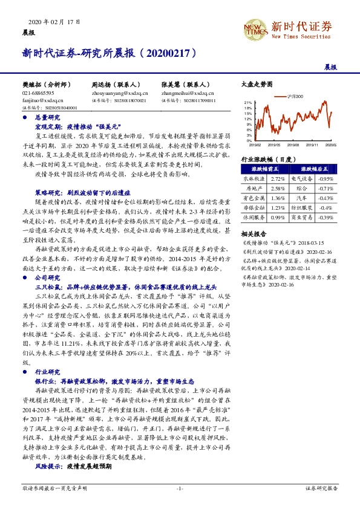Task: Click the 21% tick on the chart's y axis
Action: tap(247, 103)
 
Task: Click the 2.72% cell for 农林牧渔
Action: tap(278, 180)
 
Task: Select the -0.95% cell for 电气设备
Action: tap(326, 180)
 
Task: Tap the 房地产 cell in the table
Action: tap(254, 189)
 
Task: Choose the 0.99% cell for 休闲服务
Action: tap(278, 217)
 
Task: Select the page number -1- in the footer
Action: tap(180, 488)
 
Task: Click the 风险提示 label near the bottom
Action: tap(49, 467)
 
